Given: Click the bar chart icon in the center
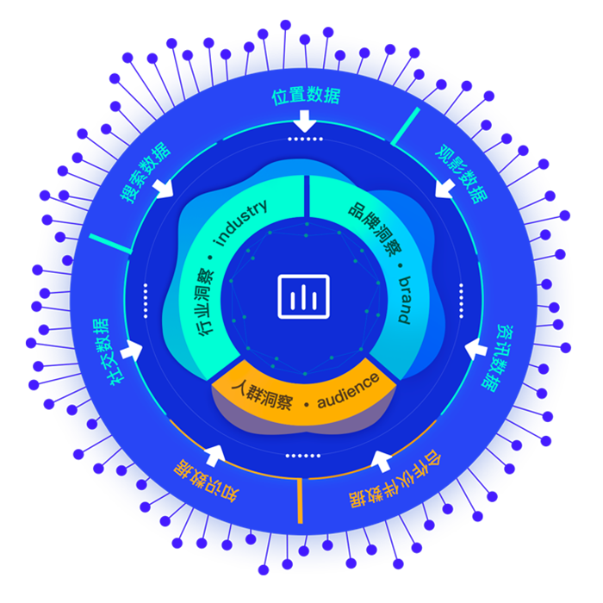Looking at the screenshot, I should (303, 296).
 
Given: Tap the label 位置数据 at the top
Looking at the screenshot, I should (306, 96).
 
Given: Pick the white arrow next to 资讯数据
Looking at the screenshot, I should (476, 349).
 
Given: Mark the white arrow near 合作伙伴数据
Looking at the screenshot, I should (379, 458).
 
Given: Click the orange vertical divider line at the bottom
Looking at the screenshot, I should (300, 500).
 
